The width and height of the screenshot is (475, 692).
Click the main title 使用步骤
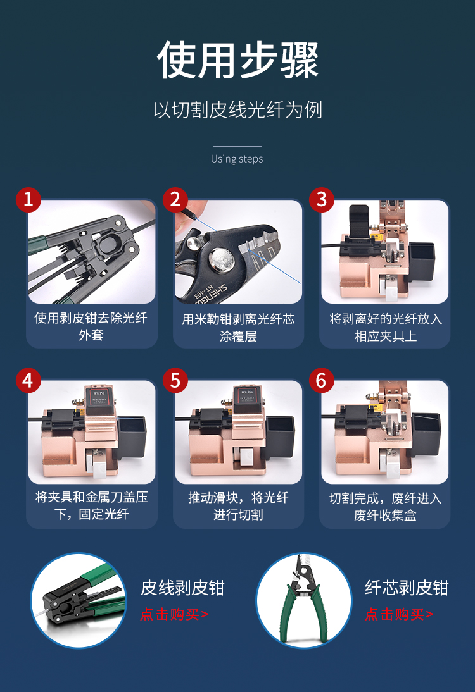237,60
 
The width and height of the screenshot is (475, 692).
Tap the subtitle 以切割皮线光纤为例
237,109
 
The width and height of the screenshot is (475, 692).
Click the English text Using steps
237,159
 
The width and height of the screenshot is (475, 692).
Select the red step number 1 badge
28,199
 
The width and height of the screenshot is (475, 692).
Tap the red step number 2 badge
175,199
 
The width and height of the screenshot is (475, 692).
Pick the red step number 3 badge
322,199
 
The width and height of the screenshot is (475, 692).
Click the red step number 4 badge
28,380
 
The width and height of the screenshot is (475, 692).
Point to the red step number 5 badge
175,380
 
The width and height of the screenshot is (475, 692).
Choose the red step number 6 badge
322,380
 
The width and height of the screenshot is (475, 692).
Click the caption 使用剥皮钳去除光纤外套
91,326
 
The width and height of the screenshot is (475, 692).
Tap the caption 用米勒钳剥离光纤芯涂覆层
238,328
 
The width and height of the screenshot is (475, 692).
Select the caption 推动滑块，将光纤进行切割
238,506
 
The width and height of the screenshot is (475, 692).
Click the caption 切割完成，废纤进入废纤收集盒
385,507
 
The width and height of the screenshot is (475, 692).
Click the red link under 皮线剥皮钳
174,614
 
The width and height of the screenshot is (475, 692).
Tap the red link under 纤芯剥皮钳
399,614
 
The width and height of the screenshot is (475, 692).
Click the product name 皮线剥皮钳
182,588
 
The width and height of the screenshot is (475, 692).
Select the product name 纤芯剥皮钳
407,588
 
